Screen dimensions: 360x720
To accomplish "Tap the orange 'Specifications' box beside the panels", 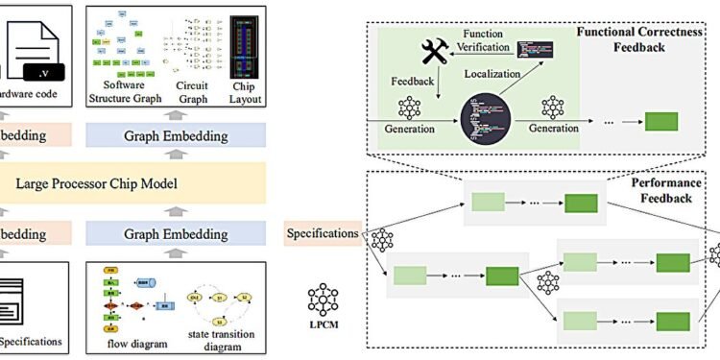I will pyautogui.click(x=324, y=232).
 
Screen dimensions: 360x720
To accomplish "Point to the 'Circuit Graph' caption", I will pyautogui.click(x=199, y=97).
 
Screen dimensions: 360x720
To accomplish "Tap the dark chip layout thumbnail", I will pyautogui.click(x=249, y=43).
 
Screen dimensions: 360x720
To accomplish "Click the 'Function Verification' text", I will pyautogui.click(x=486, y=41).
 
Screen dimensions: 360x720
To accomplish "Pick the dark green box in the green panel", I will pyautogui.click(x=660, y=122).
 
